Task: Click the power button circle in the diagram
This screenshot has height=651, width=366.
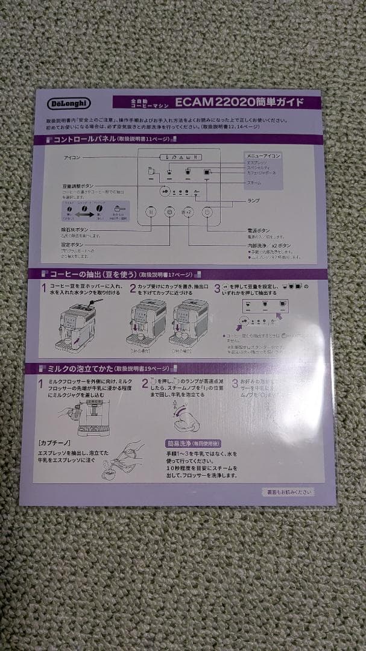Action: [x=207, y=212]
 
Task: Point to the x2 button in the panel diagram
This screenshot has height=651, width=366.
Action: [x=188, y=212]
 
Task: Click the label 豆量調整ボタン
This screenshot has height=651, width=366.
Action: [x=78, y=186]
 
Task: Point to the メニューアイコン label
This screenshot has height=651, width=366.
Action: [x=264, y=156]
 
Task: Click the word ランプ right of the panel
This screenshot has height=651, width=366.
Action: [x=253, y=200]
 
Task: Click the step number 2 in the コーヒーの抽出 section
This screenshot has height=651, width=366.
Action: [x=133, y=289]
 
